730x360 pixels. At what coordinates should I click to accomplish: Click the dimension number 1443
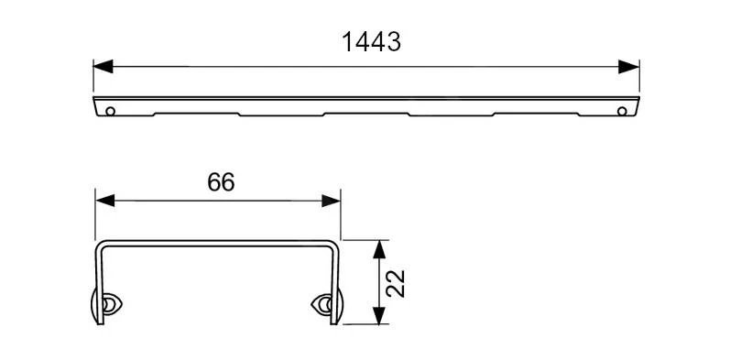pos(371,42)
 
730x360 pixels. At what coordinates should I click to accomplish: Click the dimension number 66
pos(221,181)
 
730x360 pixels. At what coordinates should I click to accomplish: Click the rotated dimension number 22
pos(396,283)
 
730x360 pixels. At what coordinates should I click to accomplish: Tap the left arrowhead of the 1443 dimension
pos(103,67)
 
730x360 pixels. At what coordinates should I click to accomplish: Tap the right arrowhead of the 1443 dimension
pos(629,67)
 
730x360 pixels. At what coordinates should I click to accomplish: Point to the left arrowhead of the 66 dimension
pos(104,201)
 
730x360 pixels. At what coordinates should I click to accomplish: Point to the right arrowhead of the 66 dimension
pos(331,201)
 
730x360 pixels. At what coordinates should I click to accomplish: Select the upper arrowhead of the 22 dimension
pos(379,249)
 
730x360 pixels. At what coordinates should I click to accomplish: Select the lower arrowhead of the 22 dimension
pos(379,315)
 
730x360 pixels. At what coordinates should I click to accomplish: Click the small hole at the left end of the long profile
pos(110,111)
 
